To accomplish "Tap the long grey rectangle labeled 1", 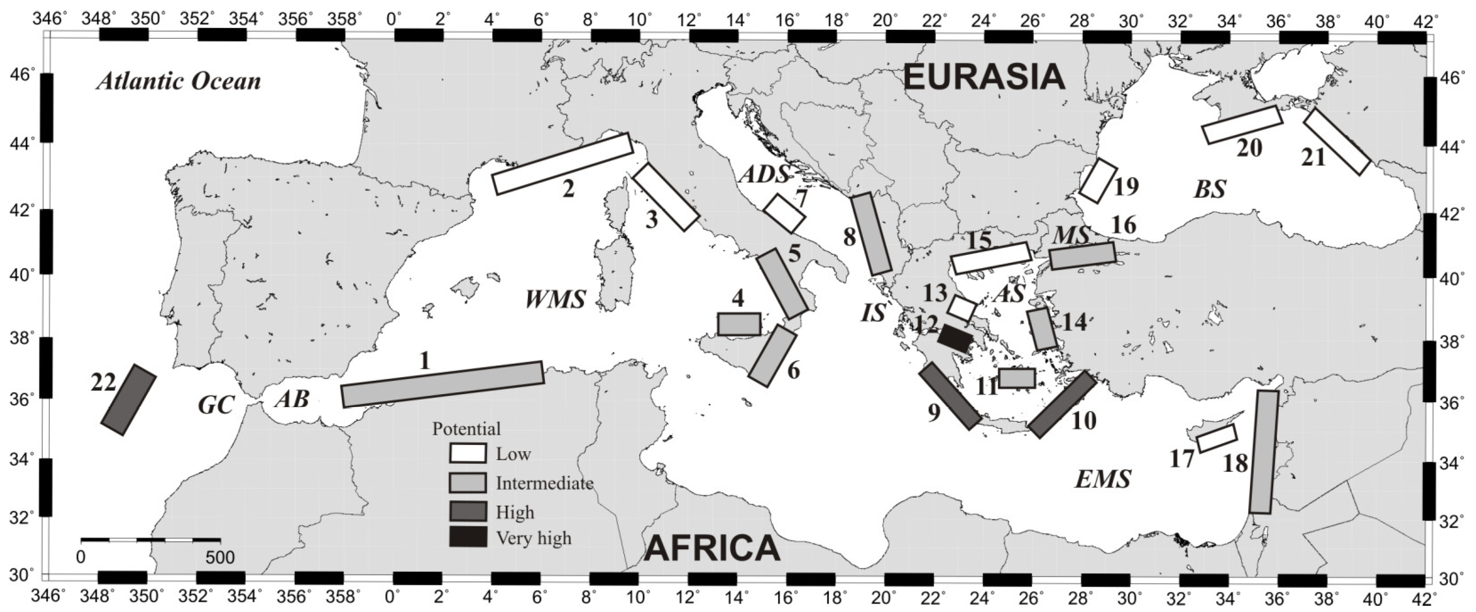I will (442, 384).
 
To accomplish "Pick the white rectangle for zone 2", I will (563, 163).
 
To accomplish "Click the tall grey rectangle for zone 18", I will (1264, 452).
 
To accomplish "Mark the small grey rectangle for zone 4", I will (739, 324).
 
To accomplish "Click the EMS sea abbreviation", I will (1103, 478).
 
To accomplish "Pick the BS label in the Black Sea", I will (1210, 189).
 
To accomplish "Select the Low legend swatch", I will (468, 453).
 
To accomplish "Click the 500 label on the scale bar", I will (220, 557).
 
